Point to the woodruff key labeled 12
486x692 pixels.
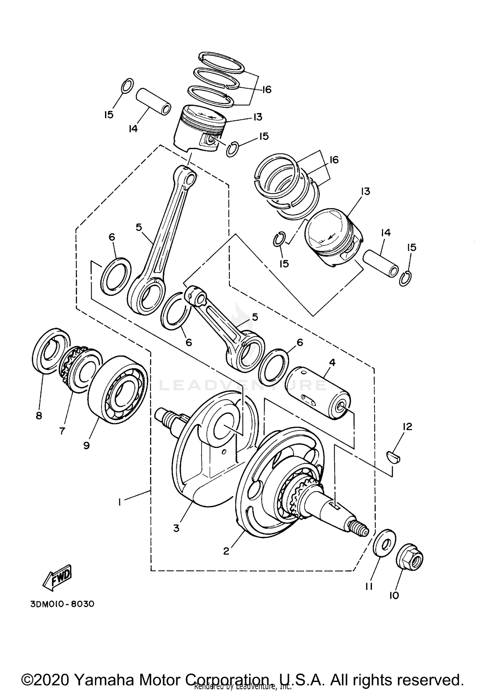point(394,457)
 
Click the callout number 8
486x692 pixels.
point(39,416)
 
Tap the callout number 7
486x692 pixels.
point(62,431)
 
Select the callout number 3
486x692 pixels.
point(176,528)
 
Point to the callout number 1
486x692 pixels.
point(120,502)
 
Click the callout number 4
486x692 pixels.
point(332,362)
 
